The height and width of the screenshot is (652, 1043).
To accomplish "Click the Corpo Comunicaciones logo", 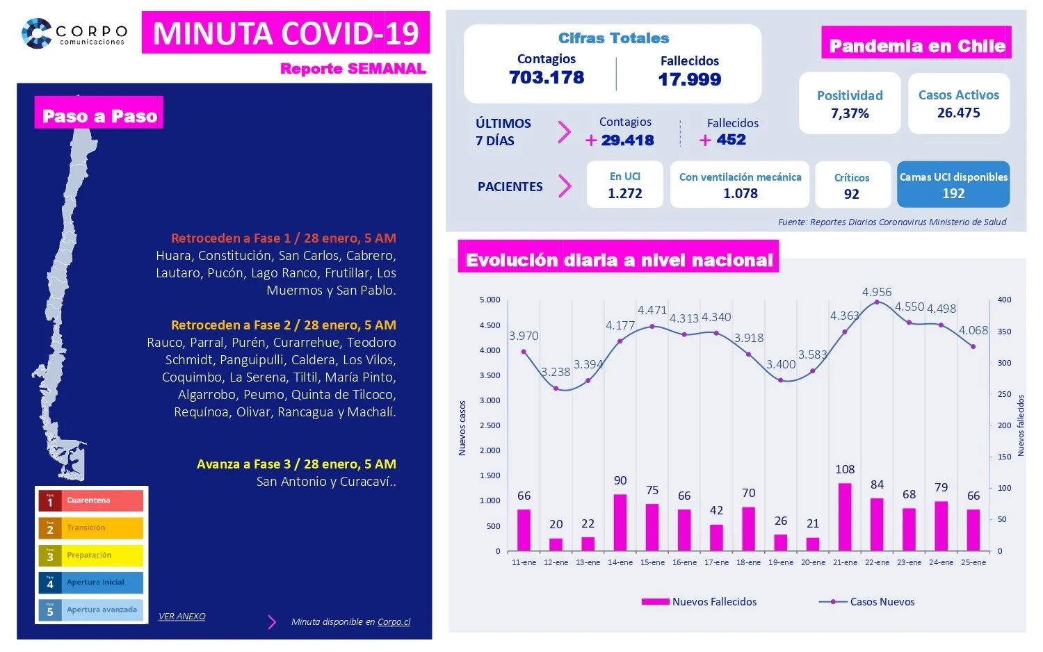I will pos(74,33).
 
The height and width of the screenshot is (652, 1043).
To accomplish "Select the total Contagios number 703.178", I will pos(547,78).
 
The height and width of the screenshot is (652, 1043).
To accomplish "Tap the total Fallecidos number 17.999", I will pos(689,80).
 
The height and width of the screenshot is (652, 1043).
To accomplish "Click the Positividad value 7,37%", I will pos(850,113).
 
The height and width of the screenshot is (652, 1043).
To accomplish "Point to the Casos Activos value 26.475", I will pos(958,113).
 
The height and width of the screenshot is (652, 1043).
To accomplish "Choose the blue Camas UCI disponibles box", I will pos(953,185).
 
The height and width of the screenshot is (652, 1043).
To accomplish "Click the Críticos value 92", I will pos(852,194).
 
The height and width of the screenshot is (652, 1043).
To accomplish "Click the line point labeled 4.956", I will pos(877,302).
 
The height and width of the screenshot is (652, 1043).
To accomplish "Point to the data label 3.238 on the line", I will pos(556,372).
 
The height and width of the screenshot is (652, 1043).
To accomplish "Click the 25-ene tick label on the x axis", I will pos(973,562).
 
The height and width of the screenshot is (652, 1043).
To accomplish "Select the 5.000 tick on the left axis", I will pos(490,300).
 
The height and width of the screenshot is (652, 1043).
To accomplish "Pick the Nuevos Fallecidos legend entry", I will pos(699,602).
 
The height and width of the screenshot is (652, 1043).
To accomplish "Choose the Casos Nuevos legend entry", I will pos(867,602).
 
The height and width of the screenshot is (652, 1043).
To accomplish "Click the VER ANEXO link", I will pos(181,617).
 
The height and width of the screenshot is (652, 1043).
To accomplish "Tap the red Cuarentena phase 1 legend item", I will pos(91,500).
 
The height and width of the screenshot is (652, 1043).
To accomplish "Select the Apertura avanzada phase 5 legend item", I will pos(91,610).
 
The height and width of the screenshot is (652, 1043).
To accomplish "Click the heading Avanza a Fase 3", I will pos(296,464).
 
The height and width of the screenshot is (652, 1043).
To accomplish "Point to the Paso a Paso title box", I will pos(99,115).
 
